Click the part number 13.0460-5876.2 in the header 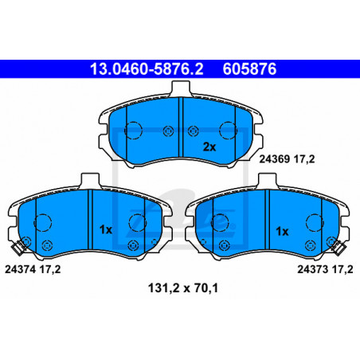click(x=147, y=69)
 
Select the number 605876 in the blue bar click(x=249, y=69)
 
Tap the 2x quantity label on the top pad click(x=209, y=147)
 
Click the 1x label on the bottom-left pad click(x=106, y=229)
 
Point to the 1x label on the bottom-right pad click(x=282, y=232)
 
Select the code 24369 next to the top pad click(x=274, y=159)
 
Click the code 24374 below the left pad click(x=20, y=269)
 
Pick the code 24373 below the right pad click(x=312, y=269)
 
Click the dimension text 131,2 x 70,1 click(x=183, y=288)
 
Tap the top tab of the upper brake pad click(x=181, y=88)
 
